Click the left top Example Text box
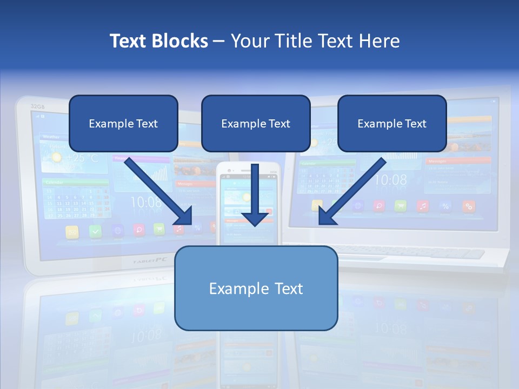(x=123, y=123)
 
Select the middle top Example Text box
(x=256, y=123)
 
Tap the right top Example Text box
(x=392, y=123)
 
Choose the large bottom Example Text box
(x=256, y=288)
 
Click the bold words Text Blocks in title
(x=159, y=41)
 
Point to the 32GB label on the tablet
(x=37, y=106)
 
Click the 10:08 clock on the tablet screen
(x=145, y=202)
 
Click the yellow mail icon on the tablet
(x=72, y=232)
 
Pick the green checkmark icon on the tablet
(x=95, y=231)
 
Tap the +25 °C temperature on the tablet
(x=81, y=158)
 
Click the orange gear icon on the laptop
(x=468, y=206)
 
